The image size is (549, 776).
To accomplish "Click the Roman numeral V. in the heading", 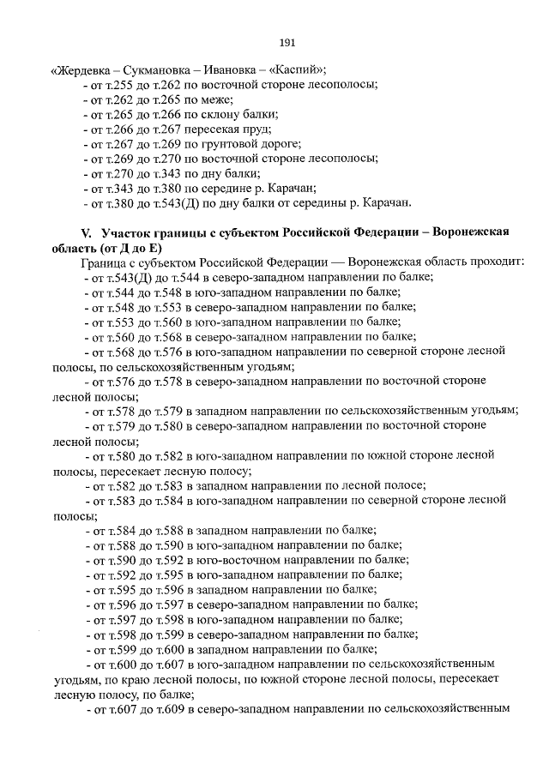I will pyautogui.click(x=86, y=233).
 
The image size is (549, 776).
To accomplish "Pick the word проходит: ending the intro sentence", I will pyautogui.click(x=496, y=262).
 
